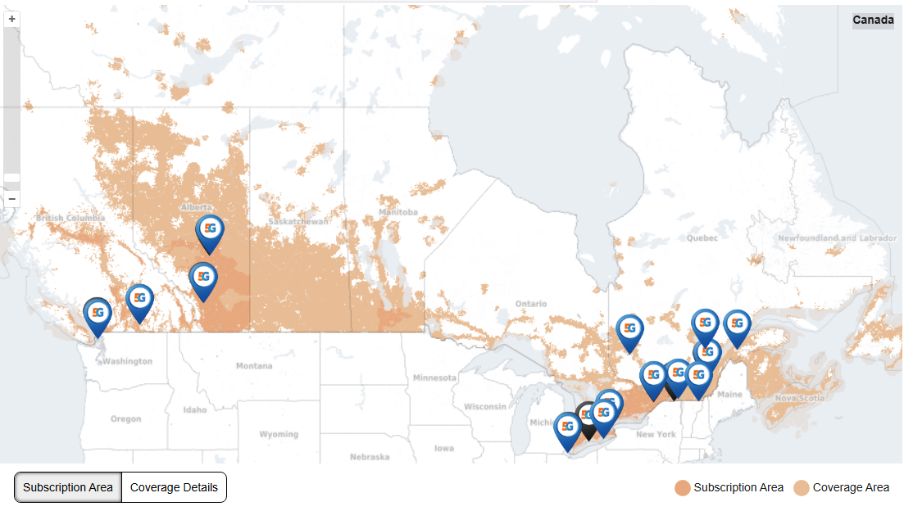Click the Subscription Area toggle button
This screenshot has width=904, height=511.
tap(68, 487)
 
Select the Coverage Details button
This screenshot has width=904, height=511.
tap(174, 487)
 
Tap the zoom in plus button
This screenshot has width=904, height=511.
tap(11, 18)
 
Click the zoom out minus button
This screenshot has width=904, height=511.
tap(11, 199)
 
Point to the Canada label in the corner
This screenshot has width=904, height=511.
tap(873, 20)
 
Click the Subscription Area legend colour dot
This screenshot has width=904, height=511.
tap(682, 488)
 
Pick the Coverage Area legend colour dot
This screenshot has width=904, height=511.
tap(801, 488)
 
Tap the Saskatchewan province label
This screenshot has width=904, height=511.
tap(298, 222)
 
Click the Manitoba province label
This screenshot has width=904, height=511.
tap(398, 213)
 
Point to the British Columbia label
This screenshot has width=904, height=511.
tap(70, 219)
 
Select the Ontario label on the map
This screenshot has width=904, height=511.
tap(530, 304)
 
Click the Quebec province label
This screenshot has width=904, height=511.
tap(702, 238)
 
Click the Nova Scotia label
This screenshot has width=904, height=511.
tap(799, 398)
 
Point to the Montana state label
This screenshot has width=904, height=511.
tap(254, 366)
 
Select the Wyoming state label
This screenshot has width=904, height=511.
tap(279, 433)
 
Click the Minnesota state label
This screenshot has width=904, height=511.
tap(434, 378)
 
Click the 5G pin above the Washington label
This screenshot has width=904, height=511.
tap(98, 314)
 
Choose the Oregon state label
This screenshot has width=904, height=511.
tap(125, 419)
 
